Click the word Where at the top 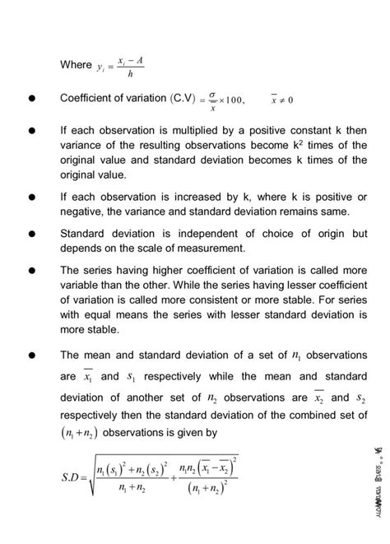coord(77,65)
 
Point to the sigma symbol coord(213,94)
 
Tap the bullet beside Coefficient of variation coord(31,98)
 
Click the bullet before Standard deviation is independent coord(31,233)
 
